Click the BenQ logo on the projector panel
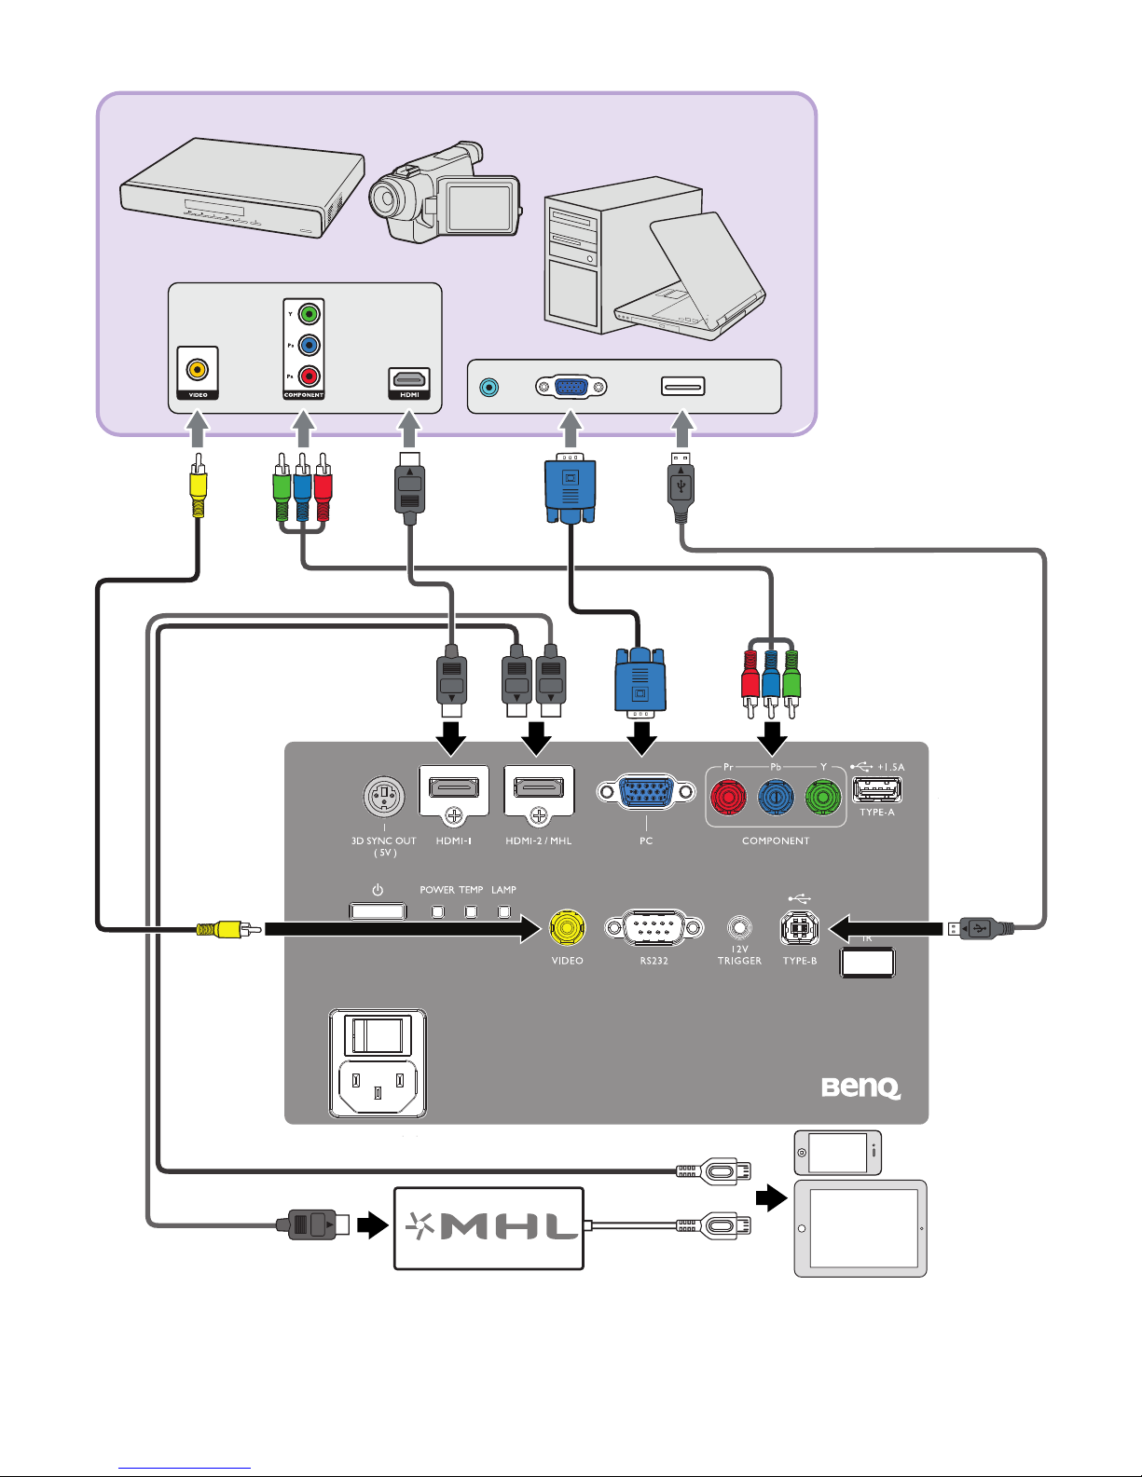tap(860, 1087)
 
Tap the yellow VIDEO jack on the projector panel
tap(567, 928)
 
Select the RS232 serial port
tap(654, 928)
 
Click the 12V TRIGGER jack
tap(739, 928)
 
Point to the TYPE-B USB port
tap(799, 928)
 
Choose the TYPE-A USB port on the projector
tap(877, 790)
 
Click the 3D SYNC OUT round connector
tap(383, 797)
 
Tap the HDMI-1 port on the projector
tap(454, 787)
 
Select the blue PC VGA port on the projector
tap(646, 793)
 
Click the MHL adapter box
tap(488, 1227)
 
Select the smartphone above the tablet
tap(837, 1153)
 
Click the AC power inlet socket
tap(378, 1087)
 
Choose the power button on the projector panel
tap(378, 910)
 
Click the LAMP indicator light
tap(504, 911)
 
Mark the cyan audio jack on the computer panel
tap(488, 387)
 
